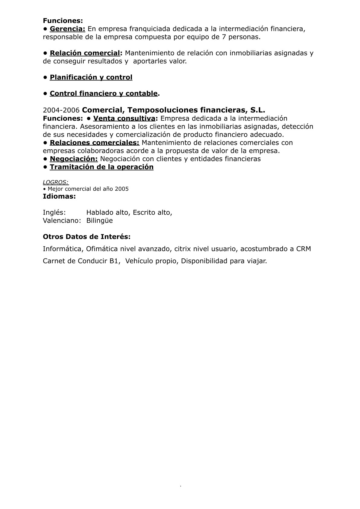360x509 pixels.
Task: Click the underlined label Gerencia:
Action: point(68,29)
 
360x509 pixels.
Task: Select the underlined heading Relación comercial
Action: point(85,53)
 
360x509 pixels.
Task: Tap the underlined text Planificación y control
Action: point(91,77)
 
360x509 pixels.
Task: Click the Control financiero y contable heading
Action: point(104,94)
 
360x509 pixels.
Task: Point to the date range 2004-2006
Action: point(61,110)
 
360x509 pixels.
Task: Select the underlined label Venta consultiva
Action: point(124,118)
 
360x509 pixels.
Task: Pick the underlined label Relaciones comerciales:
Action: point(94,143)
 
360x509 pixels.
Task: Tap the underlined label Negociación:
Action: point(74,159)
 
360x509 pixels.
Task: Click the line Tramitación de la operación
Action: point(101,167)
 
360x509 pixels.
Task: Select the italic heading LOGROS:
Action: point(56,182)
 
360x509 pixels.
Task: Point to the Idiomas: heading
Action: point(59,196)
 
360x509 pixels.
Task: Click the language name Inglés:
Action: point(54,212)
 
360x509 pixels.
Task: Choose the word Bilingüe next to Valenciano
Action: point(99,221)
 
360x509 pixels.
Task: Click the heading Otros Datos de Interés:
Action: point(87,237)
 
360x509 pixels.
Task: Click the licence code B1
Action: point(113,261)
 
